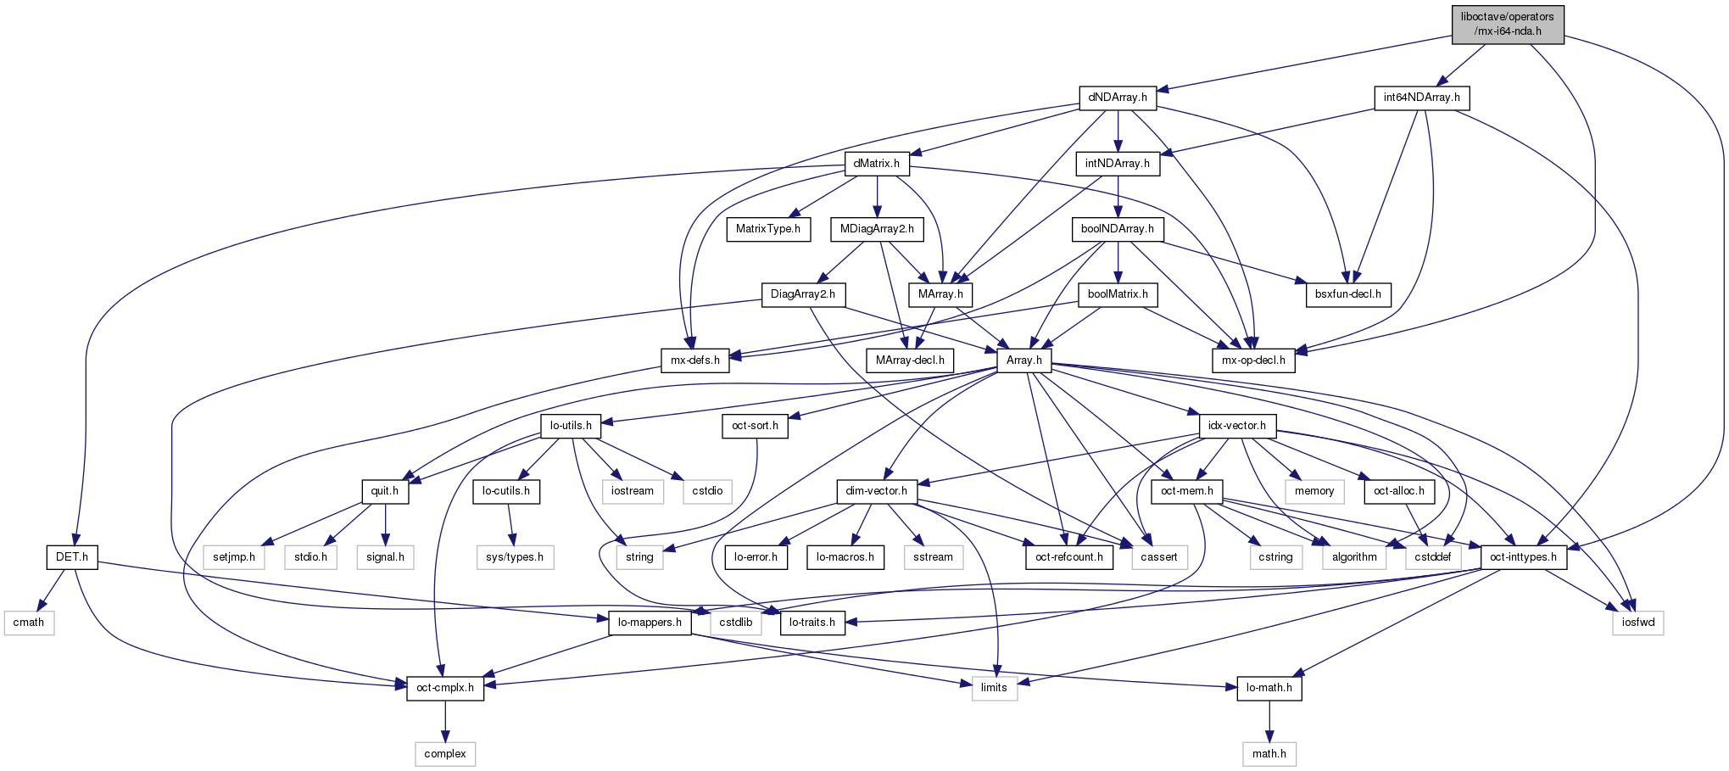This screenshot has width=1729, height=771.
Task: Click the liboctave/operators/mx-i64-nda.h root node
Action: point(1507,24)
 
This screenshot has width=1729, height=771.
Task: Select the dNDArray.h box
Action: point(1118,98)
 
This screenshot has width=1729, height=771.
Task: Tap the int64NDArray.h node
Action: point(1421,98)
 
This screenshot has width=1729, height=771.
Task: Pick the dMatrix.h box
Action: point(876,163)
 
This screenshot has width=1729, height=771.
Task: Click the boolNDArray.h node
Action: point(1117,229)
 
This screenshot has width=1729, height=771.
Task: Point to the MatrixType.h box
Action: point(767,229)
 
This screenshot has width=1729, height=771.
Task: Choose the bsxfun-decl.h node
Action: point(1347,294)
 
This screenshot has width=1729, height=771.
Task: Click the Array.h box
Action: point(1023,360)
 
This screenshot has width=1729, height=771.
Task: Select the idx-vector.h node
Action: point(1237,426)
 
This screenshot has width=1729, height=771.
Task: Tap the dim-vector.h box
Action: point(876,491)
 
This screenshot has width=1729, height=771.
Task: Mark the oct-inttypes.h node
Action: point(1523,557)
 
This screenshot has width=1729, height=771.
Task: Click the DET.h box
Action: point(72,557)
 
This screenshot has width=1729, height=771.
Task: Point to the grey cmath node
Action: point(29,623)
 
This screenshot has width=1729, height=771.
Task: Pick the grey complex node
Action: point(445,754)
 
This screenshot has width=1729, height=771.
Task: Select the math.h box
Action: point(1269,754)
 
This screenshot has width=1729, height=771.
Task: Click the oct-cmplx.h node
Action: point(445,688)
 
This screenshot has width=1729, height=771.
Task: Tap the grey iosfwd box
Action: point(1637,623)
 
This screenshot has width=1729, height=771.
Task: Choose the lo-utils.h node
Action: point(571,426)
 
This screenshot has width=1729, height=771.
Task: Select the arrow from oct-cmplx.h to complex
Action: point(445,721)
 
